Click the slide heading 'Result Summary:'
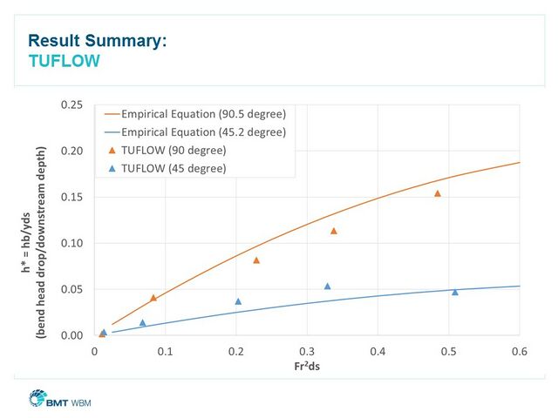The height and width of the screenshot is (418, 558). [x=97, y=40]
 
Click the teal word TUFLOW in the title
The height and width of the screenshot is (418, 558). [x=64, y=61]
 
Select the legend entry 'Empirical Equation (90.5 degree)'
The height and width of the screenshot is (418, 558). [x=203, y=114]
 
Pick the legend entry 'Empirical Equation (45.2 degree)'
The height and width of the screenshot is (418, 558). [x=203, y=132]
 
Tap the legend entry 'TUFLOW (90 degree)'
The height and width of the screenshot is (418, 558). [x=174, y=151]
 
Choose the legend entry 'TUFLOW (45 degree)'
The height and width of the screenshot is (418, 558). [x=174, y=168]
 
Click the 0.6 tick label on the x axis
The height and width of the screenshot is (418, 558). [x=520, y=351]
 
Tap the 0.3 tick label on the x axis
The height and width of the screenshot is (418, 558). [x=307, y=351]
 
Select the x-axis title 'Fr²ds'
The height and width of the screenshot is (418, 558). [x=306, y=366]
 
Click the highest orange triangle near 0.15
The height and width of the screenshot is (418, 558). [x=438, y=193]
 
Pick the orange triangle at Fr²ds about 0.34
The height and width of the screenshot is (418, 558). [x=334, y=231]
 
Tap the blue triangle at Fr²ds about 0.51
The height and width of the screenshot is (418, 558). [x=455, y=292]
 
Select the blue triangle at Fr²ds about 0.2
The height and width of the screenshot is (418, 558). [x=238, y=301]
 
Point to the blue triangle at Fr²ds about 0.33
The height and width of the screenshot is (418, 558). [x=328, y=286]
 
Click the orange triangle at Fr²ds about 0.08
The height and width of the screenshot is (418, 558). [x=153, y=298]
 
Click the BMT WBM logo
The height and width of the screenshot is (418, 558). [x=60, y=401]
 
